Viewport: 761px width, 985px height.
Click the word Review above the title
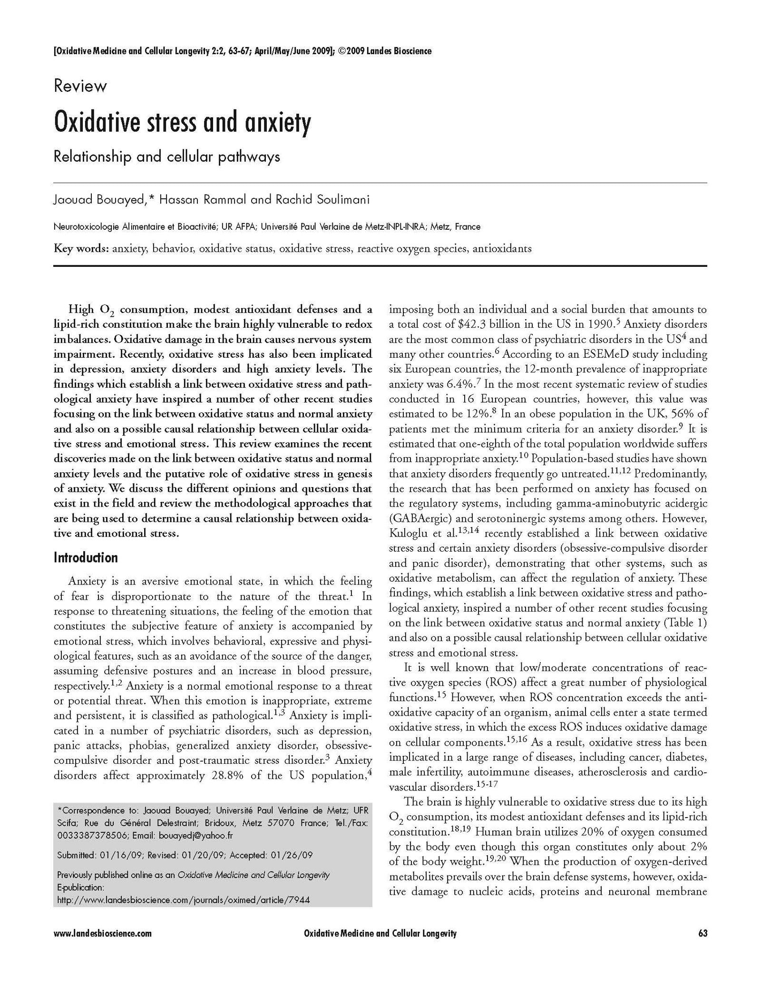[80, 87]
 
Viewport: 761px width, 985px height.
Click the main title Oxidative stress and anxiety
[183, 122]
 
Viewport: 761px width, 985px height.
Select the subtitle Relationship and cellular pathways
[166, 156]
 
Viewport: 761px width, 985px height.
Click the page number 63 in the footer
[702, 946]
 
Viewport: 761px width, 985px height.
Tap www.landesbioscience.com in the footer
[103, 946]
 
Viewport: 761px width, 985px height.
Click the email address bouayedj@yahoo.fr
[189, 836]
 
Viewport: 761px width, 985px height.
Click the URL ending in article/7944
[185, 900]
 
